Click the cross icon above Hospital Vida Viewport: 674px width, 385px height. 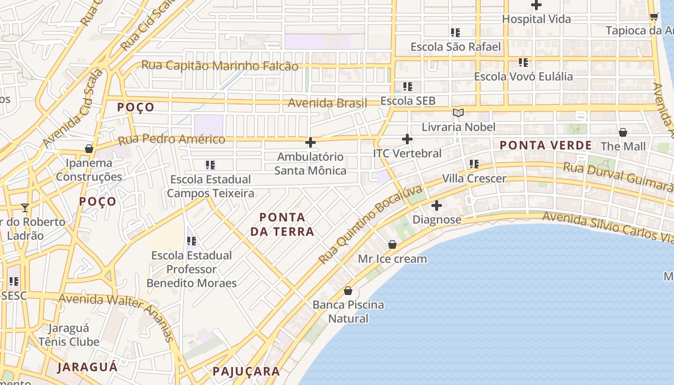click(x=536, y=5)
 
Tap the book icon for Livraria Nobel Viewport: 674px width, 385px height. click(x=458, y=113)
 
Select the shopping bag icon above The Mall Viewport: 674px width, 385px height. click(x=623, y=132)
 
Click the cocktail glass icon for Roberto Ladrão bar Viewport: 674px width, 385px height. click(x=25, y=208)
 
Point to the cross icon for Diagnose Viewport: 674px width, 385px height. click(x=437, y=206)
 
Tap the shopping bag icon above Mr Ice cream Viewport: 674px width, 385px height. click(x=392, y=244)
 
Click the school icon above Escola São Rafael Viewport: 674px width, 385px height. click(x=455, y=33)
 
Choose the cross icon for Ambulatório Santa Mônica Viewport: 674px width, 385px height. click(x=311, y=142)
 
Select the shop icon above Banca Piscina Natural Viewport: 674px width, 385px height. click(x=348, y=291)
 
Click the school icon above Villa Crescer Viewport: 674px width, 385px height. click(x=474, y=165)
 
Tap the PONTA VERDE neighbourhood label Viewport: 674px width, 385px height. click(x=545, y=145)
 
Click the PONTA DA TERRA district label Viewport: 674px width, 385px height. click(x=282, y=224)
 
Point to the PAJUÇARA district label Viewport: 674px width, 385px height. click(x=246, y=372)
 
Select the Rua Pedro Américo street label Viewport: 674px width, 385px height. click(x=171, y=140)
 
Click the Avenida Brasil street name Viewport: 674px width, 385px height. click(x=327, y=103)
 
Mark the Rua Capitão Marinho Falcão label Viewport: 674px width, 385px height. click(x=220, y=66)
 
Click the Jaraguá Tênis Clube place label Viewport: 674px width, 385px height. click(x=69, y=335)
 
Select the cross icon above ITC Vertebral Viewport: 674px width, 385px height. click(x=407, y=140)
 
